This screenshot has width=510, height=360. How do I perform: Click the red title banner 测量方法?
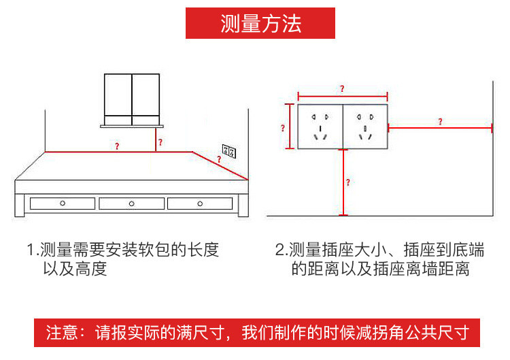point(260,23)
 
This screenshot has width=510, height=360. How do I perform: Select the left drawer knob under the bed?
point(62,203)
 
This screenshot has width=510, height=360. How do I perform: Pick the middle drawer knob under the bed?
point(131,203)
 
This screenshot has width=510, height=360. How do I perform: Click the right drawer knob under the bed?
point(199,203)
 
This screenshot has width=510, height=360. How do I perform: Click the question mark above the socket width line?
point(341,89)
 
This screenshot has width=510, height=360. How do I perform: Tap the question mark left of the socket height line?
point(282,127)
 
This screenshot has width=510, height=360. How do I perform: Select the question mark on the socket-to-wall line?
point(440,122)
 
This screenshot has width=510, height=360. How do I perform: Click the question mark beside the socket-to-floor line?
point(348,182)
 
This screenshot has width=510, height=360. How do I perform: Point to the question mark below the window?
point(160,142)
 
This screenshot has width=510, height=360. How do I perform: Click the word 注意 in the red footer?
point(63,334)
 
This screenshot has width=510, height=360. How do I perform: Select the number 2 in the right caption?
point(279,250)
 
